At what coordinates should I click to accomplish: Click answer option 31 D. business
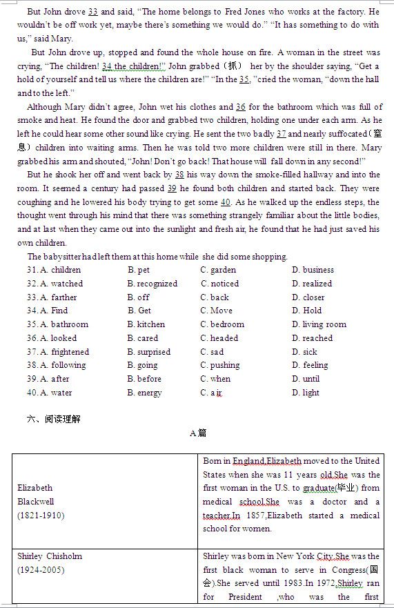coord(313,270)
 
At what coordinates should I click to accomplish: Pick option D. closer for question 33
coord(308,297)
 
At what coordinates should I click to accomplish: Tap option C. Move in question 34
coord(217,311)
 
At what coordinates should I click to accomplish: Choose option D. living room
coord(319,324)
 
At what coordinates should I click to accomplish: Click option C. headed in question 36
coord(219,338)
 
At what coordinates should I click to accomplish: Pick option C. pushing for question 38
coord(220,365)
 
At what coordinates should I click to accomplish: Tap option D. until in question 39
coord(306,379)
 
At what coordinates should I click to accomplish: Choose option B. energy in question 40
coord(144,393)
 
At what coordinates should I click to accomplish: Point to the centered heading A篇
coord(197,433)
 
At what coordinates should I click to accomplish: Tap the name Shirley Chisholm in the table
coord(50,556)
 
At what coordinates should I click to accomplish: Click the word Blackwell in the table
coord(35,502)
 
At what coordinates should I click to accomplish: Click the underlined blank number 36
coord(241,107)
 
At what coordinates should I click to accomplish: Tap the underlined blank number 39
coord(172,188)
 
